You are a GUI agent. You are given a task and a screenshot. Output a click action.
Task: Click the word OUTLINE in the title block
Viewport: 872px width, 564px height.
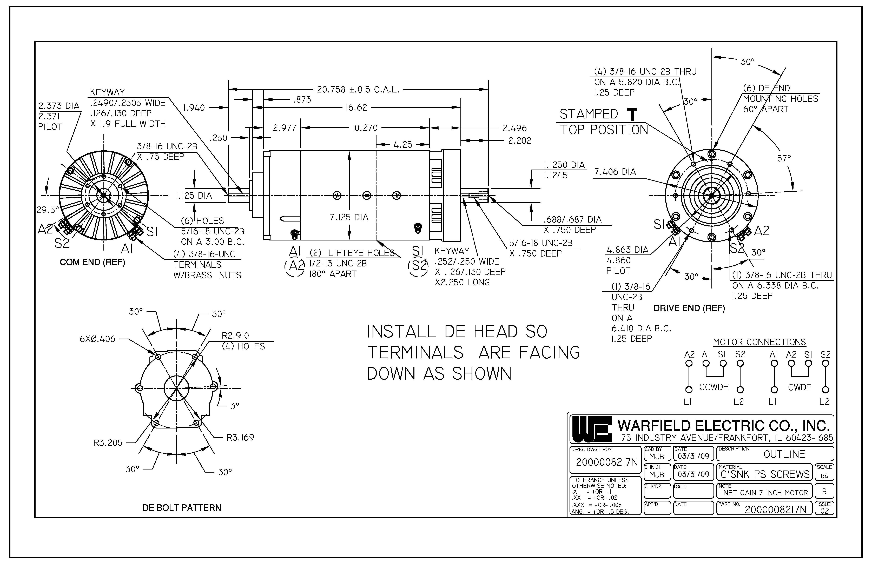[x=784, y=454]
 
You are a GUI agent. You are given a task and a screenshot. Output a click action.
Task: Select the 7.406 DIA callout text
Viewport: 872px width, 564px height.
[x=615, y=172]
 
